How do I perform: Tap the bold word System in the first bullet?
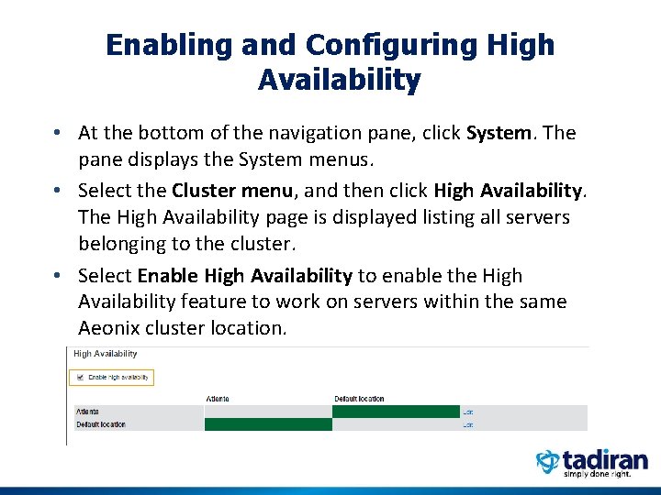[499, 133]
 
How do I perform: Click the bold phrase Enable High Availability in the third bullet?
[244, 276]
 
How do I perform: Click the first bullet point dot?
[58, 134]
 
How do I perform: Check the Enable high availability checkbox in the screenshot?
[80, 377]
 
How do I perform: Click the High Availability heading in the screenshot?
[106, 354]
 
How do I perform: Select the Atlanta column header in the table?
[218, 399]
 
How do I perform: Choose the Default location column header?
[359, 399]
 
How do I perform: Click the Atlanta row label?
[88, 412]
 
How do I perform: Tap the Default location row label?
[100, 424]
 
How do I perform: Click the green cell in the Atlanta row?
[396, 412]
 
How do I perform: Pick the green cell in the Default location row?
[268, 424]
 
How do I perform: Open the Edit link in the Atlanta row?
[467, 412]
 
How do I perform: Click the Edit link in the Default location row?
[467, 425]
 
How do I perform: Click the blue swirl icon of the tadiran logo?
[548, 462]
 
